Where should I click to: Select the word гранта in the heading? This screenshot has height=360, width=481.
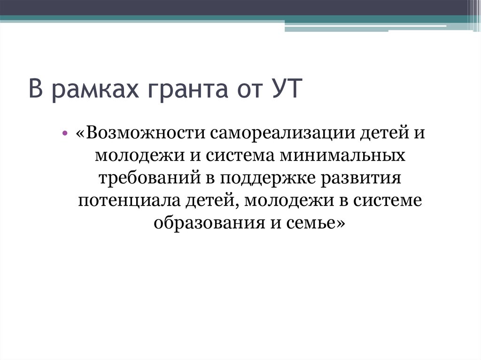pos(172,90)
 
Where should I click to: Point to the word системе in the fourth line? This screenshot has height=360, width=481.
pos(392,201)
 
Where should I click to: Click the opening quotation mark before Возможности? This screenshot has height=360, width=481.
pos(79,133)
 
